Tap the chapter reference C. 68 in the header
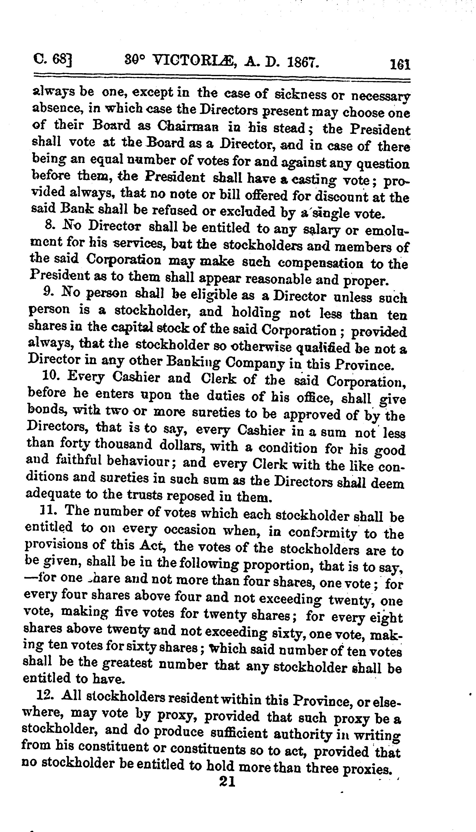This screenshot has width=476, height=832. (52, 61)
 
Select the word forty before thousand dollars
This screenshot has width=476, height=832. (75, 444)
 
